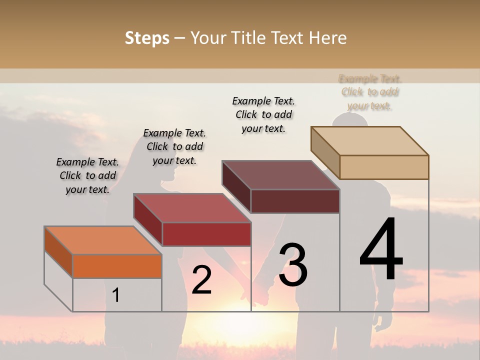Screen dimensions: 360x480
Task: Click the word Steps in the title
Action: pos(147,38)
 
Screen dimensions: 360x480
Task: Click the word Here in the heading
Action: pos(327,38)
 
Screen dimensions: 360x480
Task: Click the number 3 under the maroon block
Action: pos(292,265)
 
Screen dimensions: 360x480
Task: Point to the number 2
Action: pos(201,280)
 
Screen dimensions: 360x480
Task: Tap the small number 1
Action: pos(116,295)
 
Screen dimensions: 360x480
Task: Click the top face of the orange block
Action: pos(102,240)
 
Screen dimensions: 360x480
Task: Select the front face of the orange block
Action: pos(117,266)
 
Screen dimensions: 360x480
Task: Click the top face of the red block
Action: pos(191,208)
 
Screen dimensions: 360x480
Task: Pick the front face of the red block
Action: pos(206,234)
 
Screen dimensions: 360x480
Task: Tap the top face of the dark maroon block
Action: pos(280,175)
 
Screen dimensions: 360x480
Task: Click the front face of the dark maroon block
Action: pos(295,201)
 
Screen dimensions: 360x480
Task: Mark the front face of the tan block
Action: pos(384,167)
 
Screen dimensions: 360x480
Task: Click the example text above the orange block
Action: pos(87,175)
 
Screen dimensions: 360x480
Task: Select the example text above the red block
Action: pos(174,146)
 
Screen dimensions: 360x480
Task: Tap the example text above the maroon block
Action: pos(263,114)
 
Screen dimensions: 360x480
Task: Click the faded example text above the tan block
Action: pos(370,92)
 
